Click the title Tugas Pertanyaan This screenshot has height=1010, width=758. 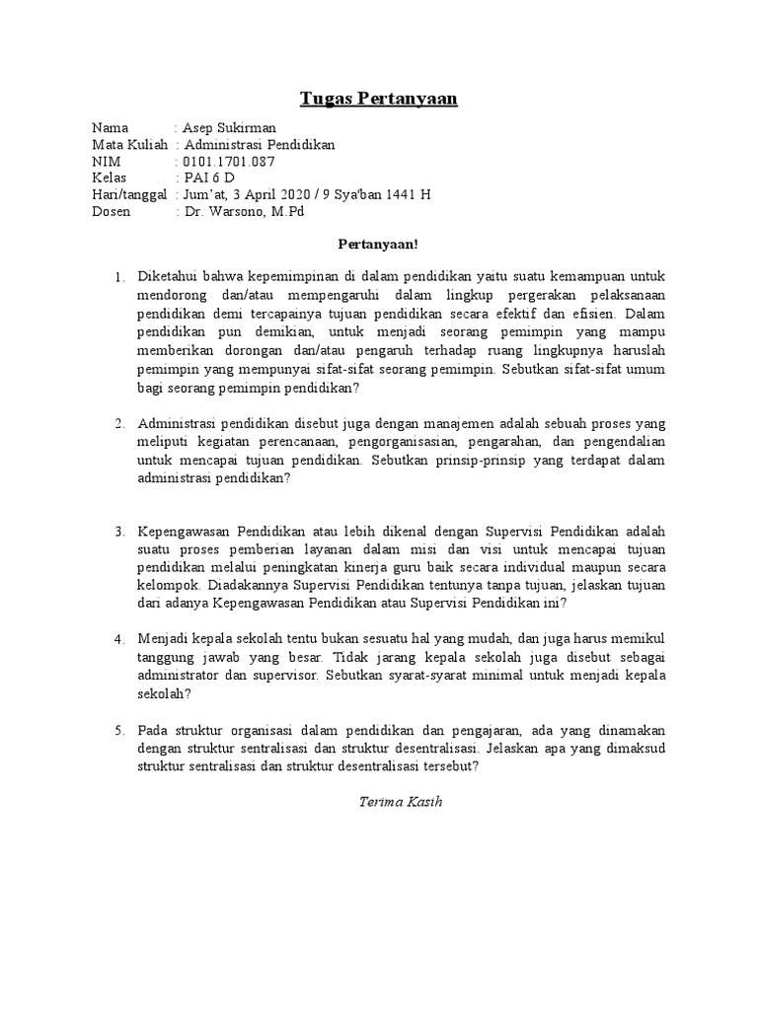point(379,100)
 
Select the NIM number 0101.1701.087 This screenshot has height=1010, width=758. point(229,162)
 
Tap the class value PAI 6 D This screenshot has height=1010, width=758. point(209,178)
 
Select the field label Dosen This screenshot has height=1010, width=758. point(111,211)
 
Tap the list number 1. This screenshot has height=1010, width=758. point(118,278)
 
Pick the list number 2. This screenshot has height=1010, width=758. point(118,424)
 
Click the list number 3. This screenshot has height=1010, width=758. point(118,532)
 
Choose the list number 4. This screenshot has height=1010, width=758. point(118,638)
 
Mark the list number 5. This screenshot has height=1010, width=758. point(118,730)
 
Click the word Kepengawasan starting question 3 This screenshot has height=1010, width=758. point(186,531)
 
